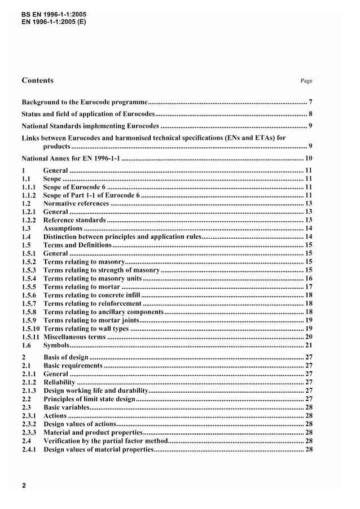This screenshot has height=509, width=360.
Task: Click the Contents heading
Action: point(37,80)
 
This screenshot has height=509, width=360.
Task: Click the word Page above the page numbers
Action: point(306,81)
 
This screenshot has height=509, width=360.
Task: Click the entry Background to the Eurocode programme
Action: point(85,103)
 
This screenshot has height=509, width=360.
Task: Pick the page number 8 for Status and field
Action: point(310,114)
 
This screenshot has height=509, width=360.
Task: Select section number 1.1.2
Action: point(29,195)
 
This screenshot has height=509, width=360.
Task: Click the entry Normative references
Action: point(76,203)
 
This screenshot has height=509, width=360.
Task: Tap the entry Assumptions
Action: point(63,229)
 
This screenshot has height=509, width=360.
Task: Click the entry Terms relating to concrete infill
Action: point(91,295)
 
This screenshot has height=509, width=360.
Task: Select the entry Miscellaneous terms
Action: point(75,336)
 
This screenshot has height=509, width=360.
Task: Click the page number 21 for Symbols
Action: point(308,345)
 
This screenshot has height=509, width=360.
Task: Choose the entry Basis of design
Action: point(65,357)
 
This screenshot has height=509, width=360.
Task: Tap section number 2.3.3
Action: point(29,432)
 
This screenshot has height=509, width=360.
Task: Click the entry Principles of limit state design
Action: point(89,399)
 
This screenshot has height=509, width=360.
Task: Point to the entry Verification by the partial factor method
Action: point(106,441)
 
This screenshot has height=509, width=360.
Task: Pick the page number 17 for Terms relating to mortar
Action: point(308,287)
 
